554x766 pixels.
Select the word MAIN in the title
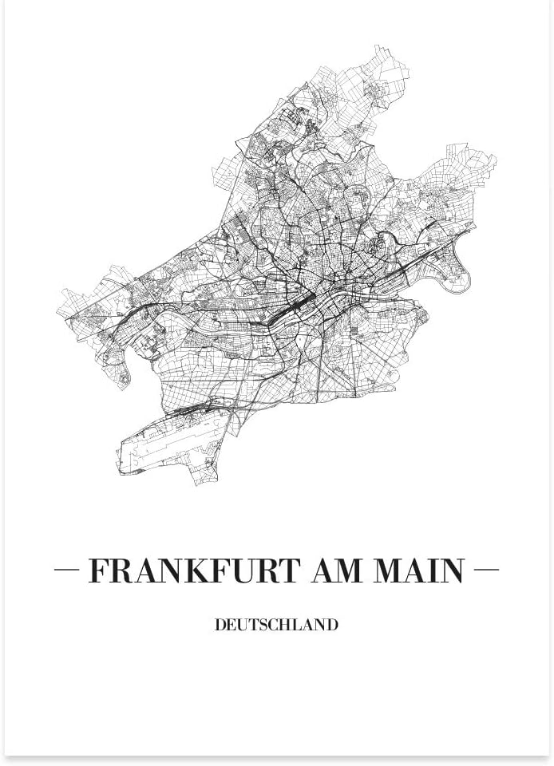420,571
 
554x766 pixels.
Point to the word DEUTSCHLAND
276,625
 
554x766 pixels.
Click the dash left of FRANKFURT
66,570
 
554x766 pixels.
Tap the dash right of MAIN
486,570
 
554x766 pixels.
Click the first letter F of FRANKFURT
98,571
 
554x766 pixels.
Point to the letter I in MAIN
431,571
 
